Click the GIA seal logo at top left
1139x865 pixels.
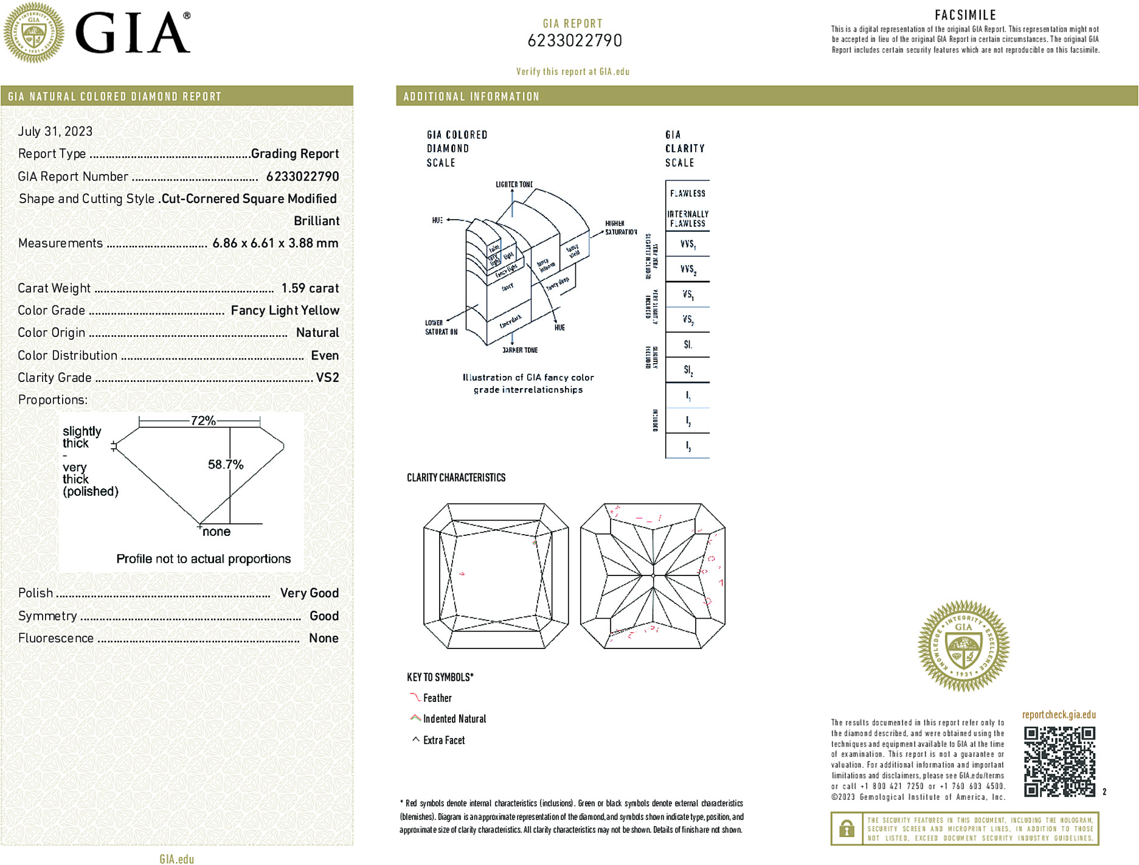point(33,32)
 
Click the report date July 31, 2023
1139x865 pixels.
point(55,131)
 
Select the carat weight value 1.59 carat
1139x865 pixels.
point(310,288)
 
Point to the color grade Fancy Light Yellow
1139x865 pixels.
point(285,311)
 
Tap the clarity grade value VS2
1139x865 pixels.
point(327,378)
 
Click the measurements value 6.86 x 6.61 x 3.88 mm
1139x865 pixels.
point(275,243)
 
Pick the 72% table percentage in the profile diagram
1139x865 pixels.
point(203,420)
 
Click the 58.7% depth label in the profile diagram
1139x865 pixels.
point(226,465)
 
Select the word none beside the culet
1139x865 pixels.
point(216,532)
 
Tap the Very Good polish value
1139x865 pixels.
point(309,593)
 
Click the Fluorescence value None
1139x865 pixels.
point(324,638)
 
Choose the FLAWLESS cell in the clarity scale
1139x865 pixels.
point(688,193)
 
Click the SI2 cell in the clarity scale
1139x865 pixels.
point(688,370)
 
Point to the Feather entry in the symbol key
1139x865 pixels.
point(437,698)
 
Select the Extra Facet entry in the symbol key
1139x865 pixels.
point(443,740)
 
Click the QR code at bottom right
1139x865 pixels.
point(1059,762)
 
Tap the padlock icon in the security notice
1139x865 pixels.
point(846,829)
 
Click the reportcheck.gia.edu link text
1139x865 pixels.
point(1059,715)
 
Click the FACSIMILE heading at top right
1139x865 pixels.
point(965,15)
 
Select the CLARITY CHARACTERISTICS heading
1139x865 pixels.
point(456,478)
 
